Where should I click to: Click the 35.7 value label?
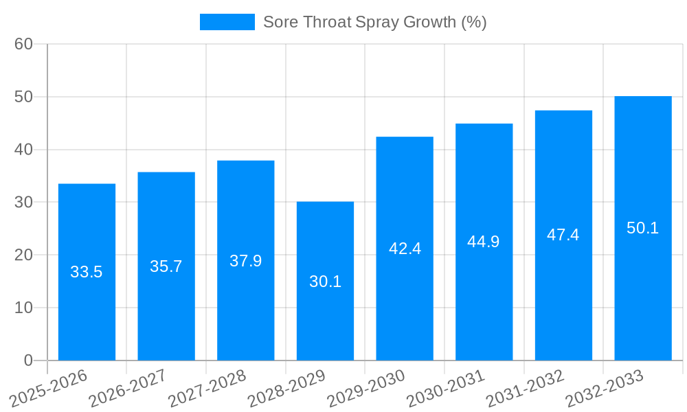pos(166,266)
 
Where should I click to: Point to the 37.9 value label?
pos(246,261)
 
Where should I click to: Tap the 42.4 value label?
pos(405,249)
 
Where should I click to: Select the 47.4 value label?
pos(563,235)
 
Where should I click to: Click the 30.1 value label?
pos(325,282)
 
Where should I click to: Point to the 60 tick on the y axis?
pos(24,44)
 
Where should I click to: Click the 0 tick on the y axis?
pos(28,360)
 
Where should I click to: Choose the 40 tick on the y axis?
pos(24,150)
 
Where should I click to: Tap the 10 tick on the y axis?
pos(24,308)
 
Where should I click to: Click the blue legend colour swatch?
pos(227,22)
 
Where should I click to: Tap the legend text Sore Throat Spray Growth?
pos(374,22)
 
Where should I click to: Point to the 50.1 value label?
pos(643,228)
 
